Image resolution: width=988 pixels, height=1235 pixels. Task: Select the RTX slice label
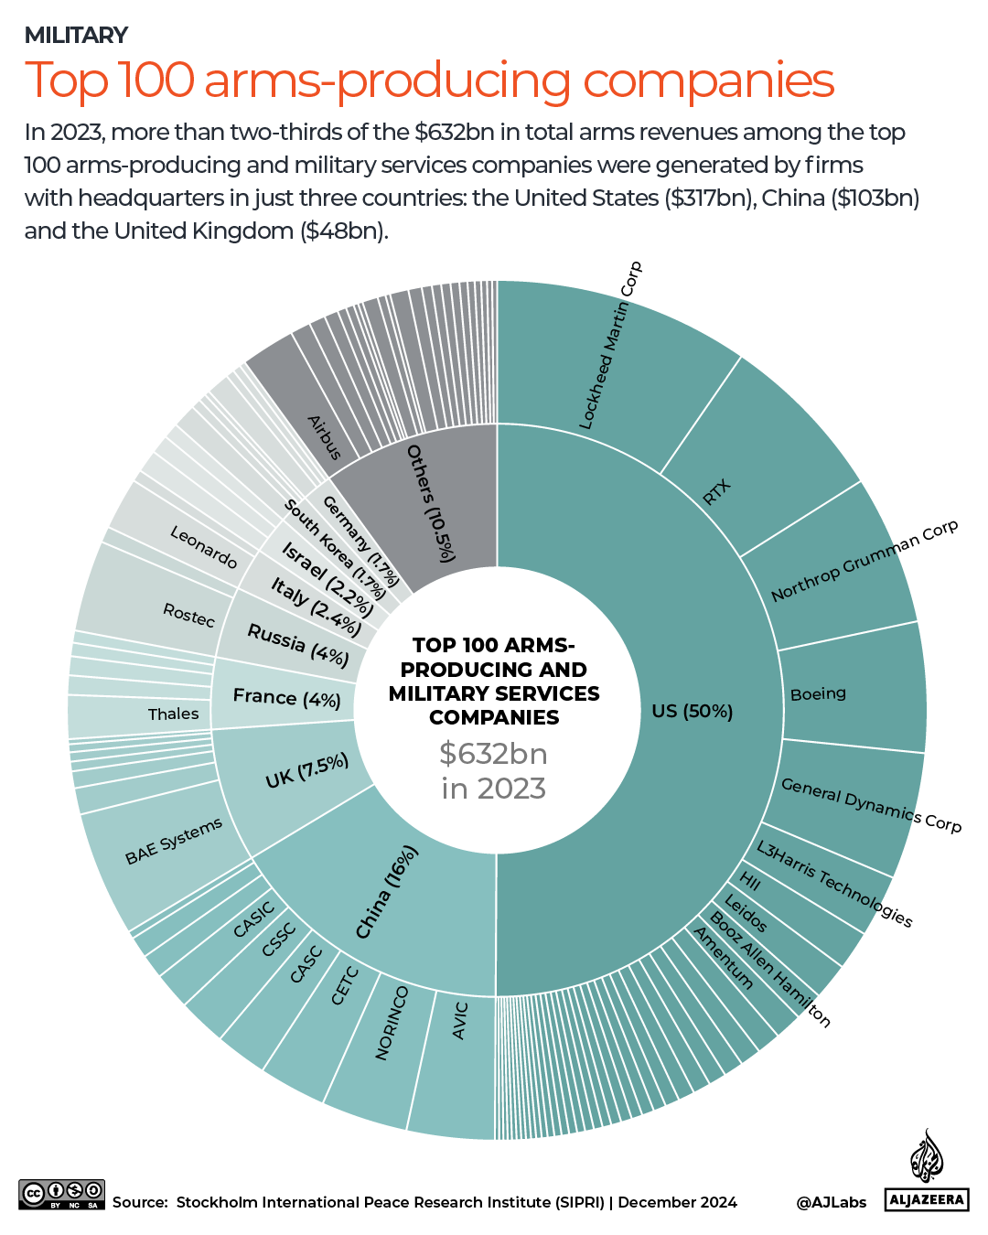[716, 491]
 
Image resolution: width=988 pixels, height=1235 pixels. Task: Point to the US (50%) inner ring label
[693, 711]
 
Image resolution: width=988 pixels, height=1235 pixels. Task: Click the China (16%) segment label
[386, 892]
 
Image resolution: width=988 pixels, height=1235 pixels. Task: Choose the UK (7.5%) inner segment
[306, 771]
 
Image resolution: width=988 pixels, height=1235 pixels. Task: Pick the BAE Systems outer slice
[173, 841]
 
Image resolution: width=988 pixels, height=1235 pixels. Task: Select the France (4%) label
[286, 697]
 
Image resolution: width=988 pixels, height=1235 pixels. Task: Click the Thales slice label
[173, 714]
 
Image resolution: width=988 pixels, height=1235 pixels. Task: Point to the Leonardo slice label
[203, 546]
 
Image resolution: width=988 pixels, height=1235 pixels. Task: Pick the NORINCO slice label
[392, 1023]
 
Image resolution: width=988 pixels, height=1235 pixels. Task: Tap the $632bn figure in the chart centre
[493, 754]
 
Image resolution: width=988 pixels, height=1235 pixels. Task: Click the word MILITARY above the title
[76, 35]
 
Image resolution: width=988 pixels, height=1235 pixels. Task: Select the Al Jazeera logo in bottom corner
[927, 1171]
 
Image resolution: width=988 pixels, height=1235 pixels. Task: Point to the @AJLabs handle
[831, 1202]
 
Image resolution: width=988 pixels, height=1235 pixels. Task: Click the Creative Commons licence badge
[61, 1194]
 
